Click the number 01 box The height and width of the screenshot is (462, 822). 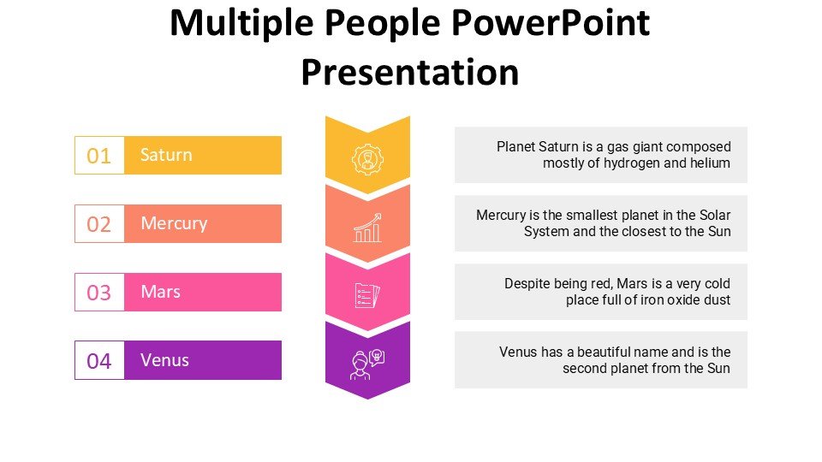pos(99,155)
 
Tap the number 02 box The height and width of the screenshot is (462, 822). pos(99,223)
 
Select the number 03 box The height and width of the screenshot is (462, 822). pos(99,292)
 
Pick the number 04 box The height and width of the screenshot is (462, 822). pos(99,360)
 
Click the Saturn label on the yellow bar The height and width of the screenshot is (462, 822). pos(166,155)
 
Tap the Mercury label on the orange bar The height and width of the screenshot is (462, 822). pos(174,224)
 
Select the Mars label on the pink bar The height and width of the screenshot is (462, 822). pos(160,292)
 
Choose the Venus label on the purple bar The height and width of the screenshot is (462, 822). pos(164,360)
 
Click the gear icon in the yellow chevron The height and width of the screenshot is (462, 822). pos(367,159)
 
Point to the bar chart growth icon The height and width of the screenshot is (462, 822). pos(367,228)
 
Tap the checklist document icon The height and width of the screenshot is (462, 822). pos(367,295)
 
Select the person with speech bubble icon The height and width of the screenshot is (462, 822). pos(367,364)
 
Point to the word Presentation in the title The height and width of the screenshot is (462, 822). pos(410,72)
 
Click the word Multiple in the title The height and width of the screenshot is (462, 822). pos(241,24)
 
